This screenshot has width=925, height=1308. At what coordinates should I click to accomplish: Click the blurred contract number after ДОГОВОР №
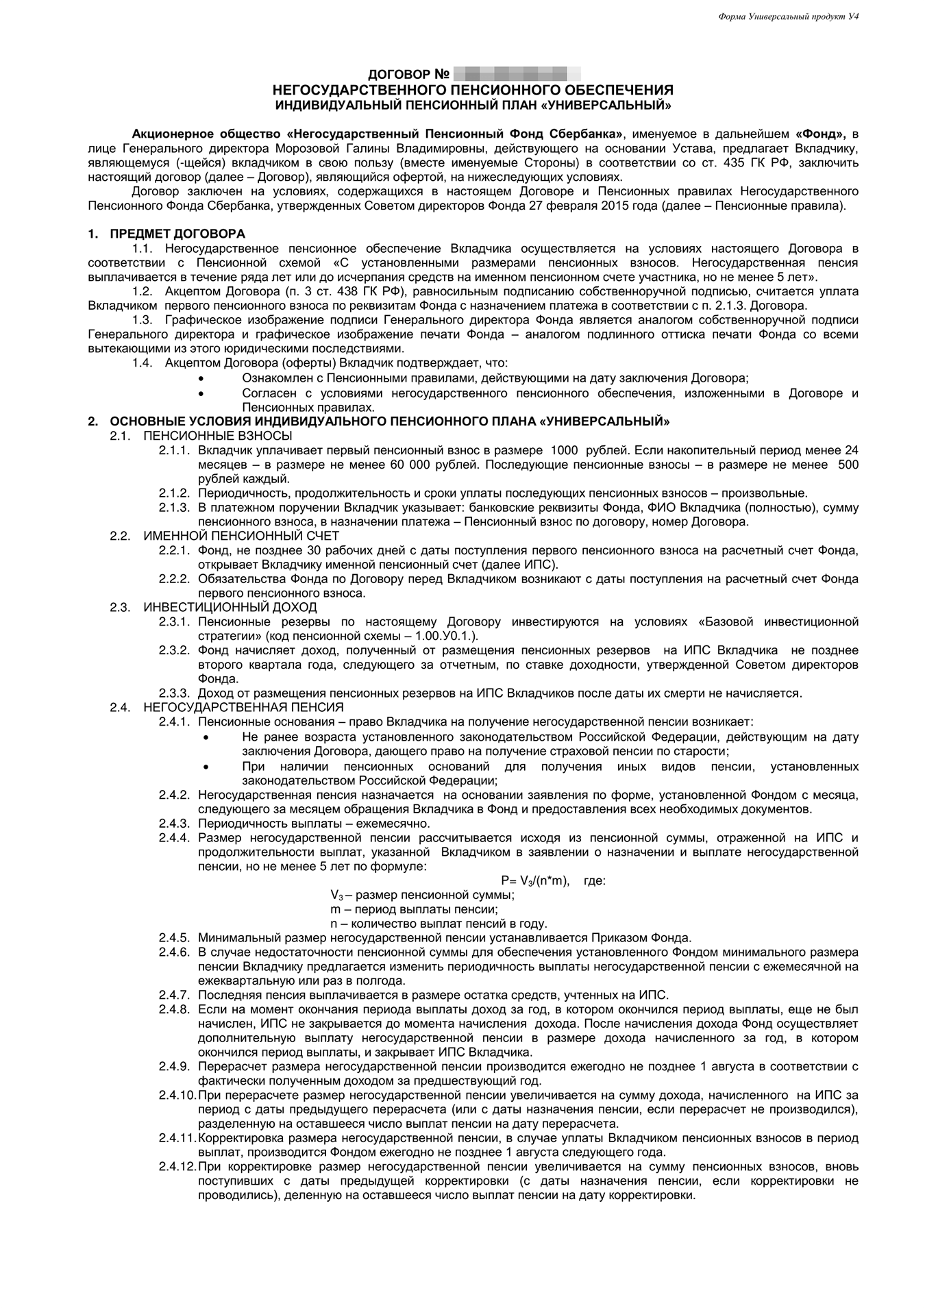coord(517,73)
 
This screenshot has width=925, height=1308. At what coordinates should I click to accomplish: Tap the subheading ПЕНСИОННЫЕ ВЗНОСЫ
coord(218,436)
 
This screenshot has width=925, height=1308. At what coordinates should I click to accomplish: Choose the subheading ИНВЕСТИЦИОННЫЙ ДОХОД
coord(230,607)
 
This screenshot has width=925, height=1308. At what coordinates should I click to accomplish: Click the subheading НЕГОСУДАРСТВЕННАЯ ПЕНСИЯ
coord(243,707)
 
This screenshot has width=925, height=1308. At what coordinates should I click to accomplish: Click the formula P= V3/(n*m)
coord(535,881)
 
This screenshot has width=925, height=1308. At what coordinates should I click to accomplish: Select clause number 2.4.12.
coord(177,1166)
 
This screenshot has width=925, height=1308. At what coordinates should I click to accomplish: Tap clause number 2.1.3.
coord(174,507)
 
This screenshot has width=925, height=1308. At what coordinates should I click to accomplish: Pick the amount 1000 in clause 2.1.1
coord(564,450)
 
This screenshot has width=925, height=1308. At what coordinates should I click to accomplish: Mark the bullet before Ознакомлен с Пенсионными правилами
coord(201,379)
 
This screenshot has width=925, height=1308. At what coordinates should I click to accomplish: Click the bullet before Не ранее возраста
coord(208,737)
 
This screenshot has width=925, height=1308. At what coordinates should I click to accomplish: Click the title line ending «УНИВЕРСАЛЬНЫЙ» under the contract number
coord(473,105)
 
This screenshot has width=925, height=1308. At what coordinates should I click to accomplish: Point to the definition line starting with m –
coord(413,909)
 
